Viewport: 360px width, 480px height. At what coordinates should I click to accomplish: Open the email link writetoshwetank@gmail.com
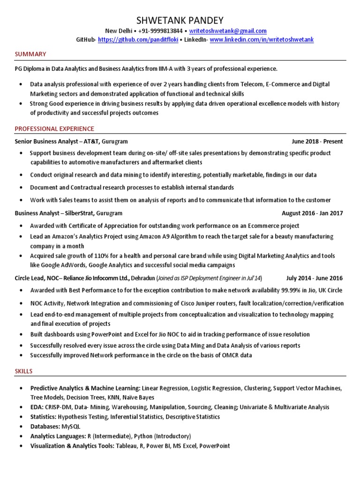point(228,31)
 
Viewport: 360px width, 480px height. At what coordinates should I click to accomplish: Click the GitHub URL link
point(139,40)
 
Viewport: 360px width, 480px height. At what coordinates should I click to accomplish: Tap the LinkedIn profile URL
point(262,40)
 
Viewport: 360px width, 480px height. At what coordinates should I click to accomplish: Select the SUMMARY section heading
point(30,54)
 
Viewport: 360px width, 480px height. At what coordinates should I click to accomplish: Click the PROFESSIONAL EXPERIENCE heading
point(54,128)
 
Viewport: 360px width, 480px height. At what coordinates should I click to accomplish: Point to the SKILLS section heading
point(23,371)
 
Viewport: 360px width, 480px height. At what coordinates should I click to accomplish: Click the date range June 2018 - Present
point(317,141)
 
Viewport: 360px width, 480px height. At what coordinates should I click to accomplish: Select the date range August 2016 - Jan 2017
point(312,213)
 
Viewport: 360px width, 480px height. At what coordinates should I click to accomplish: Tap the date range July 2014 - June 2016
point(315,277)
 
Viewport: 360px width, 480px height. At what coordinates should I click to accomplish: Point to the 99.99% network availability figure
point(292,290)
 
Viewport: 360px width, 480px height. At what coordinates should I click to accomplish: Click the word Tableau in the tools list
point(127,446)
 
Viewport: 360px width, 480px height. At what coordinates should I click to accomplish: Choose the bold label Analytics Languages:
point(58,436)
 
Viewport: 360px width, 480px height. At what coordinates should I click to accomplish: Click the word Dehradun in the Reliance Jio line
point(143,277)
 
